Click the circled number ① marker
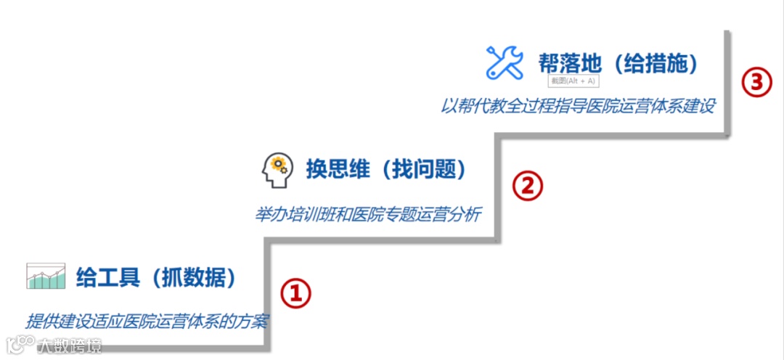[x=295, y=294]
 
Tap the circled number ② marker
[x=528, y=187]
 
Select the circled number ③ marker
[x=756, y=82]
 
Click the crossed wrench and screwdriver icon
[x=505, y=62]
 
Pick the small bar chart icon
[x=46, y=277]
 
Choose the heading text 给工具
[x=107, y=277]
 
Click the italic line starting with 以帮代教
[x=578, y=106]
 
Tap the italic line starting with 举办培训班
[x=367, y=215]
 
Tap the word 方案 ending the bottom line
[x=253, y=321]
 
